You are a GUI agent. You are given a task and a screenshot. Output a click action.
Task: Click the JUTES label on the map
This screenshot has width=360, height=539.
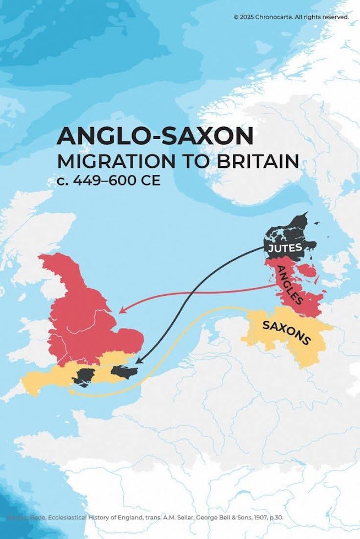tap(285, 248)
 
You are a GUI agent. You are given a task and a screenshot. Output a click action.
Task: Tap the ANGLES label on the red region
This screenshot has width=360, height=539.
tap(289, 285)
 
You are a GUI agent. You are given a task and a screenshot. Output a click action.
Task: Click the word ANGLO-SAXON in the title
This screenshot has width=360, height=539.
tap(155, 136)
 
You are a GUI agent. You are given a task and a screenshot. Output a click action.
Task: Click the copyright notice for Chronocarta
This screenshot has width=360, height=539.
tap(291, 17)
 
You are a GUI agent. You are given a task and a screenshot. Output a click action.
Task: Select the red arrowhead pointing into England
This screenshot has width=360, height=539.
tap(122, 311)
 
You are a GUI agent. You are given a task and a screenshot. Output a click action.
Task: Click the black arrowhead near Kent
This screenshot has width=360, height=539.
tap(138, 361)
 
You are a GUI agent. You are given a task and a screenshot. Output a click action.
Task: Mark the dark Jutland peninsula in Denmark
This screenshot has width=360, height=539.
tap(286, 234)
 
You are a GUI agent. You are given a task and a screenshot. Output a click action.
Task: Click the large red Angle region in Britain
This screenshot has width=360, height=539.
tap(88, 319)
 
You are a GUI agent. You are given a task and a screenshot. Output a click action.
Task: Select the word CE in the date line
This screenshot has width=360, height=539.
tap(149, 180)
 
